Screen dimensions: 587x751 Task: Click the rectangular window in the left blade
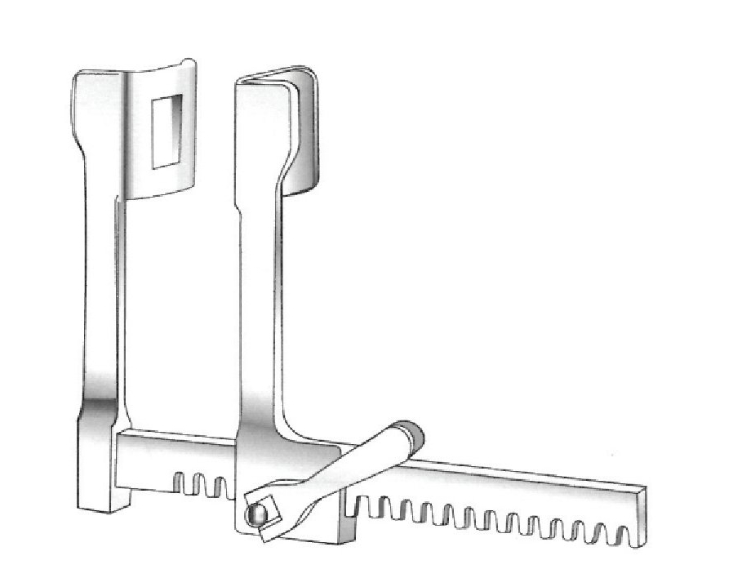tap(167, 131)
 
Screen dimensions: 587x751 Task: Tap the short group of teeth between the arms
tap(201, 482)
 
